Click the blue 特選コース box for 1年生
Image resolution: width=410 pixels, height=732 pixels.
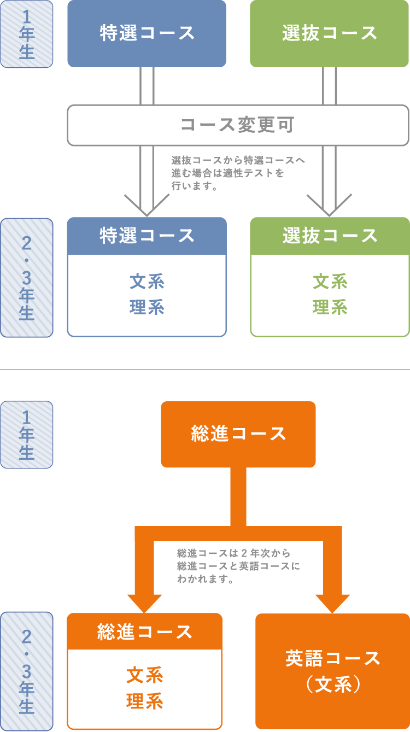[x=147, y=33]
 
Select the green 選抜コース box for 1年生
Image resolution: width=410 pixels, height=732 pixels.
[x=330, y=33]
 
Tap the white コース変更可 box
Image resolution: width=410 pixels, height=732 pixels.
[x=238, y=125]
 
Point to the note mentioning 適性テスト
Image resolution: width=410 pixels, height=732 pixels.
[x=237, y=173]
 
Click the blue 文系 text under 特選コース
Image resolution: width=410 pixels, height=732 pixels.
[x=147, y=282]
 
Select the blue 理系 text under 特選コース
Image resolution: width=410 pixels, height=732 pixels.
[x=147, y=307]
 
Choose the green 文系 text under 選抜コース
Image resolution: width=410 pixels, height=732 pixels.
[x=330, y=282]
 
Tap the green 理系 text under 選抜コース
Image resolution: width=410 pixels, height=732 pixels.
[x=330, y=307]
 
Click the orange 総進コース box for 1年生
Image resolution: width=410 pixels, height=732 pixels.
[x=238, y=434]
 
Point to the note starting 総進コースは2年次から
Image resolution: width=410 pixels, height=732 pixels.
[x=238, y=566]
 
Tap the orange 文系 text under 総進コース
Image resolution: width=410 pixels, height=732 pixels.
[x=144, y=676]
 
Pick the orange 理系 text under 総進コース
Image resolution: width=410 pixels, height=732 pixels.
[x=144, y=701]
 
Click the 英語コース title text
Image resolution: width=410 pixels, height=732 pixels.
[x=332, y=658]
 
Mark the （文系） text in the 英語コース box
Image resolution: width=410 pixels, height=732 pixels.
[x=332, y=684]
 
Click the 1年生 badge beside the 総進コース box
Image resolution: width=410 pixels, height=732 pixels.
[x=27, y=435]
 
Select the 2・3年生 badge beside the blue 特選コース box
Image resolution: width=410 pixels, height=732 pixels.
[x=27, y=277]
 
